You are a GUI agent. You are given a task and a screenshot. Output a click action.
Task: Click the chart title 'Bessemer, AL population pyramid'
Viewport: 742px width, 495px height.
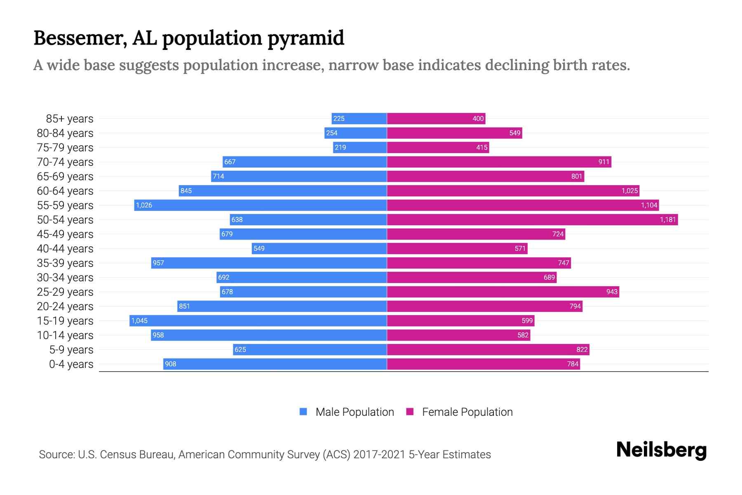[189, 38]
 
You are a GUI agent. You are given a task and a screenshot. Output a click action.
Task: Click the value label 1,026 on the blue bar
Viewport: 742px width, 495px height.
[144, 205]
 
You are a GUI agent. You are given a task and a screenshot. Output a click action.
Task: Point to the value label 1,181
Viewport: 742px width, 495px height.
[668, 220]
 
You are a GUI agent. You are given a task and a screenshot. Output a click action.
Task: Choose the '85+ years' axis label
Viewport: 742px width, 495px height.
[70, 119]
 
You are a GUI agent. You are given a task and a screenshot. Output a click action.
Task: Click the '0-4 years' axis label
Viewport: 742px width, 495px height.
[71, 364]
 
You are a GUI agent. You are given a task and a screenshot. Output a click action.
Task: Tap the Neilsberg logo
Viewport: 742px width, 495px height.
[661, 450]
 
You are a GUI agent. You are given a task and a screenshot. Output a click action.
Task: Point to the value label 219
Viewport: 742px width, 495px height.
[340, 148]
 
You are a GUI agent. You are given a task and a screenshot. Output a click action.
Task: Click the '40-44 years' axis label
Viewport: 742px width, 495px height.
[65, 249]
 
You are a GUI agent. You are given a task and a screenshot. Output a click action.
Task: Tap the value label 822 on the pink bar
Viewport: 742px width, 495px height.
[582, 350]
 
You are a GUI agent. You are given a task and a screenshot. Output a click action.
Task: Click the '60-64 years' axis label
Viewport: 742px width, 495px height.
[65, 191]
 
